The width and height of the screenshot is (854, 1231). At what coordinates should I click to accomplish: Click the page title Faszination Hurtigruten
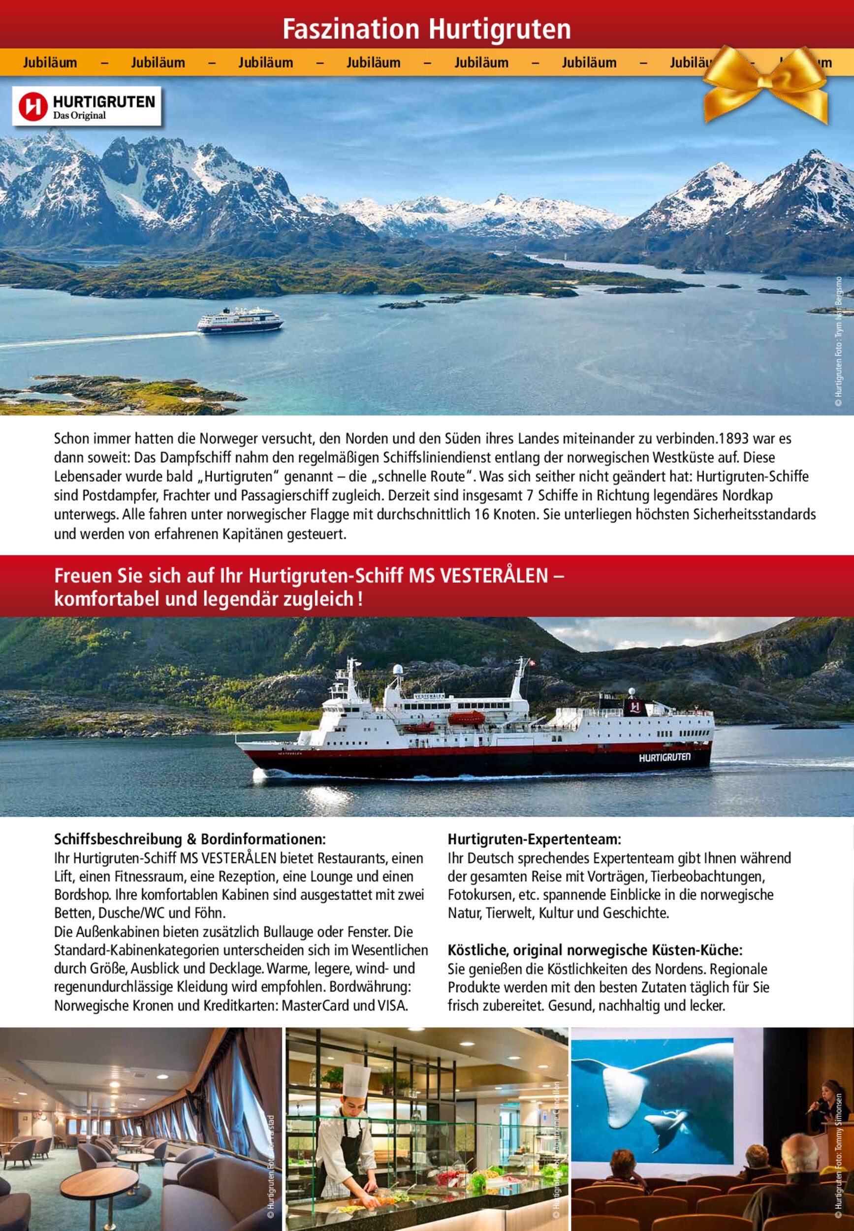click(426, 29)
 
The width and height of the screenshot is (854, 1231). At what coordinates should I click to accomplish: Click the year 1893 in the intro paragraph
click(731, 439)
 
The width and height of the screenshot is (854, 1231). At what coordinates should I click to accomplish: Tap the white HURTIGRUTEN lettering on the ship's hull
click(664, 757)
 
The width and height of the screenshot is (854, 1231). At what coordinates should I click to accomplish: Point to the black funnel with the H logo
click(635, 707)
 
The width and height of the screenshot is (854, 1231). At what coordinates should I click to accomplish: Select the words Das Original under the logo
click(79, 116)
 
